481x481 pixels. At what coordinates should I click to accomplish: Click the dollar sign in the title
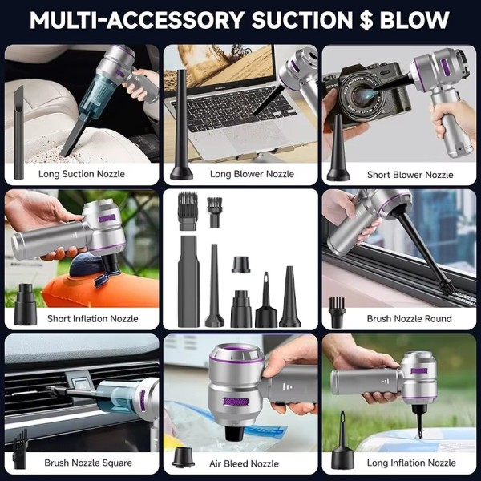coord(366,20)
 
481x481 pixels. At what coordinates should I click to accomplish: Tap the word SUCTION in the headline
coord(302,20)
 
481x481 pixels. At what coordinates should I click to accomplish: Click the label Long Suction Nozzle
coord(82,174)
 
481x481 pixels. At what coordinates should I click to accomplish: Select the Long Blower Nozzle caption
coord(252,174)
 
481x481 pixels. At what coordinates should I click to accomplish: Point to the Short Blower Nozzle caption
coord(410,175)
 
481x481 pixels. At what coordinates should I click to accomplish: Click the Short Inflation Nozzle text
coord(93,319)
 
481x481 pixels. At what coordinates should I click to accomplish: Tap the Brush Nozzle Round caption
coord(409,319)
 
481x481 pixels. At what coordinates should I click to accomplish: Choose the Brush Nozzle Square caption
coord(88,463)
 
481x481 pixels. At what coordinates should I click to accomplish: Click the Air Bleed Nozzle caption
coord(244,463)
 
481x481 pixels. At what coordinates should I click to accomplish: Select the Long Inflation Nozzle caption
coord(411,463)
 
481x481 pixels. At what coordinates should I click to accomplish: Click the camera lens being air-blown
coord(360,96)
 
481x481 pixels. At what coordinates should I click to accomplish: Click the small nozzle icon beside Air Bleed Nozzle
coord(183,457)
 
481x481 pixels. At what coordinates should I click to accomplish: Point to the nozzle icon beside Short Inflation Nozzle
coord(26,304)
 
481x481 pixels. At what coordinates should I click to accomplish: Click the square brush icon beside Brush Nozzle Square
coord(20,448)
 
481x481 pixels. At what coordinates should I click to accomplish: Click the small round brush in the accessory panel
coord(214,212)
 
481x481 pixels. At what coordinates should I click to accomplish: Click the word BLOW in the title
coord(414,20)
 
